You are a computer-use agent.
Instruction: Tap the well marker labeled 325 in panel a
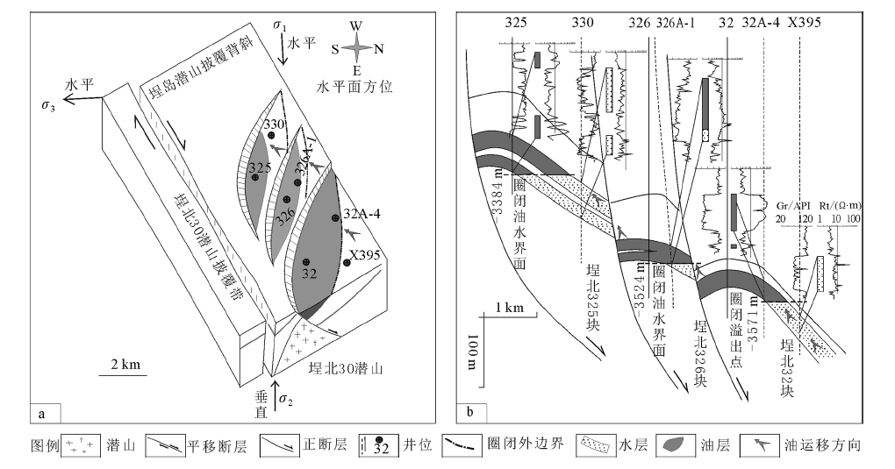(254, 177)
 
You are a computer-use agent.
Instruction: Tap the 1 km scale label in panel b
(508, 308)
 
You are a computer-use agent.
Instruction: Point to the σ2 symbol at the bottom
(284, 401)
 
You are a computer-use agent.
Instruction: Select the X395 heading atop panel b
(803, 22)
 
